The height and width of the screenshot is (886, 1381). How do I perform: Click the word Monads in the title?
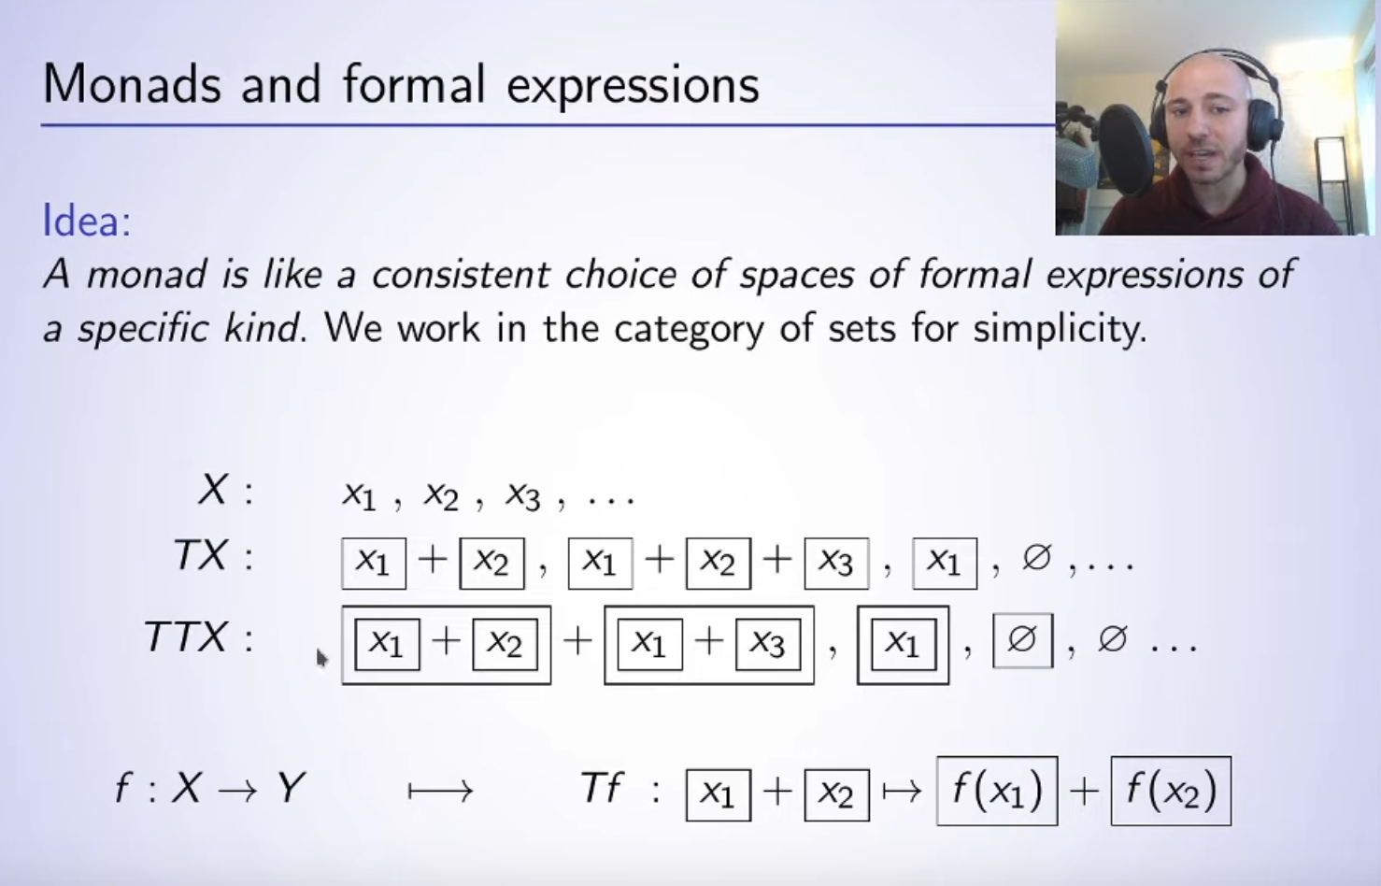click(x=132, y=84)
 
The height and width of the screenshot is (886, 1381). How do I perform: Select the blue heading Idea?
click(x=87, y=221)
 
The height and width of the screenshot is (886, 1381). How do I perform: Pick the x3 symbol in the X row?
click(x=522, y=496)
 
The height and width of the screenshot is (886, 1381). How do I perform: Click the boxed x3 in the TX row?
click(x=836, y=564)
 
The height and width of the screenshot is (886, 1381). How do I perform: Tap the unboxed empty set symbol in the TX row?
click(x=1036, y=558)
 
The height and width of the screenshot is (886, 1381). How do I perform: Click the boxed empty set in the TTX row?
click(x=1023, y=640)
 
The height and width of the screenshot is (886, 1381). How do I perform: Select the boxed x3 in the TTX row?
click(x=768, y=644)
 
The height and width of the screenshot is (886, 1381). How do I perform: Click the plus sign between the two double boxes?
click(x=577, y=641)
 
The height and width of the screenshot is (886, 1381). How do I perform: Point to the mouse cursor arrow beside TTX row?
click(x=321, y=658)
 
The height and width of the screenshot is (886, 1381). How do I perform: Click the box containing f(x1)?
click(x=997, y=791)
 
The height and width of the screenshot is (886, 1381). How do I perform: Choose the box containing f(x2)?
click(x=1171, y=791)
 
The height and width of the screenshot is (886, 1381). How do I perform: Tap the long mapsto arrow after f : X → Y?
click(x=440, y=791)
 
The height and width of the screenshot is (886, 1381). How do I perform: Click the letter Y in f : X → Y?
click(x=291, y=787)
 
